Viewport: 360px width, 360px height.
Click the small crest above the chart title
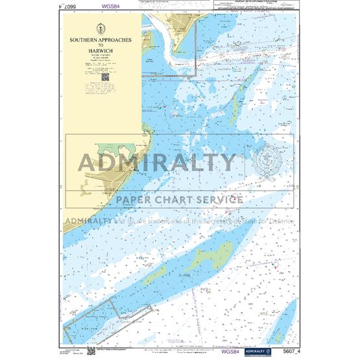(101, 28)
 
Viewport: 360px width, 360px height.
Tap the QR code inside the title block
(104, 77)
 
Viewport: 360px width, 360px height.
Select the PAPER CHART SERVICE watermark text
(180, 199)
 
